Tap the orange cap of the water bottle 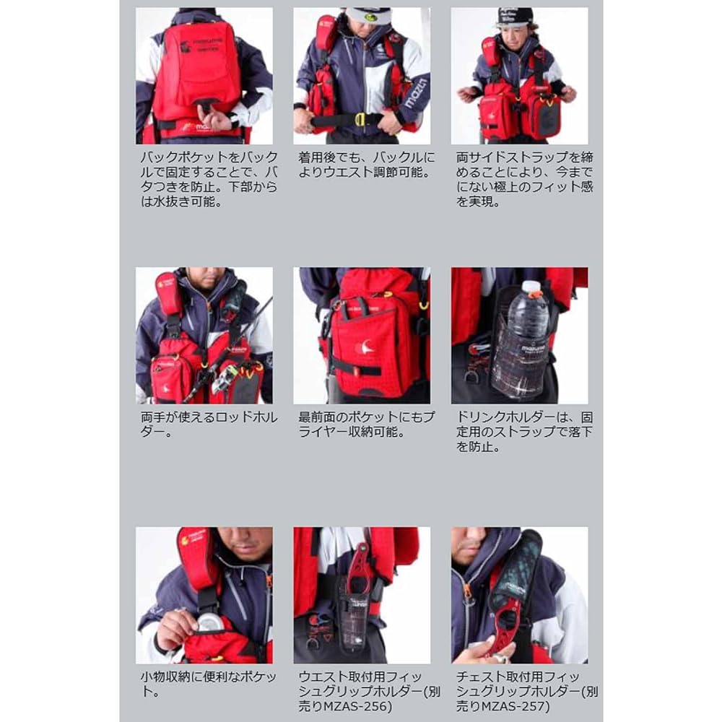point(531,287)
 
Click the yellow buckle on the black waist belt point(359,120)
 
